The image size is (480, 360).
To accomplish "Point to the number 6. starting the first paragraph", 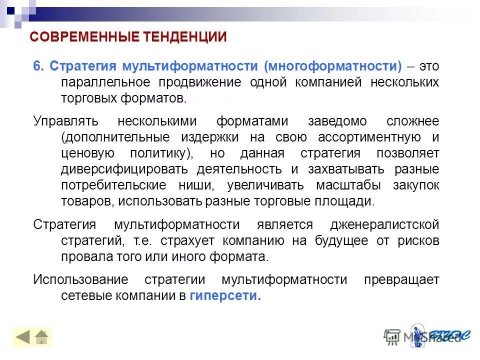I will pos(39,66).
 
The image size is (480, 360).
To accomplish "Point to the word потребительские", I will pos(113,185).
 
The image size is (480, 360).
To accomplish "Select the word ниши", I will pos(196,185).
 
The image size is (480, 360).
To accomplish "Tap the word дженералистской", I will pos(384,225).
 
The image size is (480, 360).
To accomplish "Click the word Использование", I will pos(80,280).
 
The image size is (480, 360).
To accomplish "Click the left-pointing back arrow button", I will pos(23,337).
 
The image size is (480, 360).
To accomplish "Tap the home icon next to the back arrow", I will pos(42,337).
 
